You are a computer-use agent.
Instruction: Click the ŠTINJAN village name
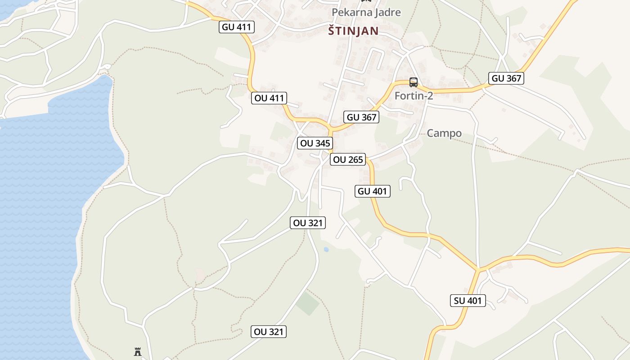pos(353,31)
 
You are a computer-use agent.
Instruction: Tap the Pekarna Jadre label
pos(366,12)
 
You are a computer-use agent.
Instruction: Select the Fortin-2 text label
pos(414,96)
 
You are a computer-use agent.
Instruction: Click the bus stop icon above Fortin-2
pos(414,82)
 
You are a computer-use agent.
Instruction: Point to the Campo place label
pos(444,133)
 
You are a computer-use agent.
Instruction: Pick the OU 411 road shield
pos(269,98)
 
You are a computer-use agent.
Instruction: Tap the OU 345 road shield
pos(315,144)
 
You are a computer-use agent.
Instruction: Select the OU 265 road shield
pos(348,160)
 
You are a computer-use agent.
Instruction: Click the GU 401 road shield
pos(372,191)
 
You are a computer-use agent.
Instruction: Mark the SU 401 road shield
pos(468,301)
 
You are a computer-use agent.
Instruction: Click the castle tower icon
pos(138,352)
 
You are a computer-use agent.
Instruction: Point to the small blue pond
pos(326,249)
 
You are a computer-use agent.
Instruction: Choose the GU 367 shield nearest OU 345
pos(361,117)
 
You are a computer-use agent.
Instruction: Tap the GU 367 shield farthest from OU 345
pos(507,78)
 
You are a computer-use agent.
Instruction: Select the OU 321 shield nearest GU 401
pos(308,223)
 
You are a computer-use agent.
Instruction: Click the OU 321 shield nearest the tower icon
pos(269,332)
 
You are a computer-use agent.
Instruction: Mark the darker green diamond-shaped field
pos(308,303)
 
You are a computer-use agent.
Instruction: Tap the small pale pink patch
pos(201,274)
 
